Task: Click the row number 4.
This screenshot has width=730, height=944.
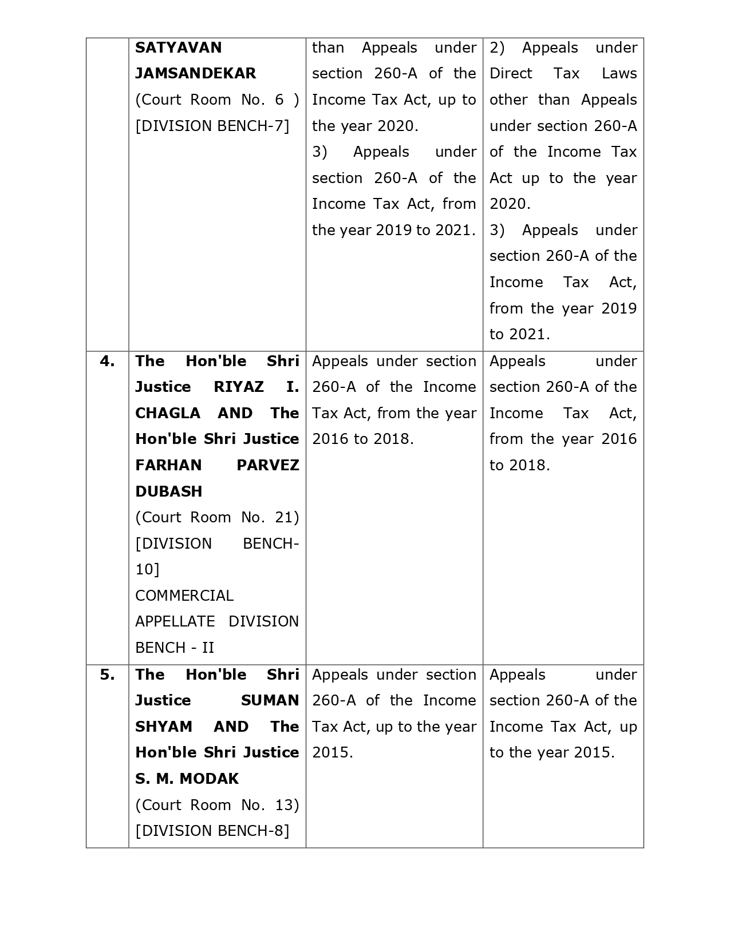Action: (107, 361)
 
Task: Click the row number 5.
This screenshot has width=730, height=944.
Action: (107, 675)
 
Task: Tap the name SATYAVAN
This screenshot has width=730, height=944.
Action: (178, 47)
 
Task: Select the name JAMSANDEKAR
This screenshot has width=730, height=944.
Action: (195, 74)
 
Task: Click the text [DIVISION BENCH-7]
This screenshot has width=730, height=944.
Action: (212, 126)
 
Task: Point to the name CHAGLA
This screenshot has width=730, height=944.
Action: (168, 413)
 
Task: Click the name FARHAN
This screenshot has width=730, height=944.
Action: (168, 465)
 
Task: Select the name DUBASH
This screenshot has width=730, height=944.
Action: (168, 491)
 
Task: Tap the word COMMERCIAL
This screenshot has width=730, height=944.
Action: (184, 596)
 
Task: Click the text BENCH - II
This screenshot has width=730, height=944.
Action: (174, 648)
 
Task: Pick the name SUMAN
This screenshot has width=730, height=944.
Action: (270, 700)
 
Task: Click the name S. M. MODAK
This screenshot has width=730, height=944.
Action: (187, 779)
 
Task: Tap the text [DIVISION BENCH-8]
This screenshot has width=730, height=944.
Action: (212, 831)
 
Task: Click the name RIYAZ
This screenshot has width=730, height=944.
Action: (239, 387)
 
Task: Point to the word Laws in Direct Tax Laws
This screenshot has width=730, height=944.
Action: (619, 74)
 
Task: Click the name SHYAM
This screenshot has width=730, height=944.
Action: (163, 727)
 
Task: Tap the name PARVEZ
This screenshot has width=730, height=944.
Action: (267, 465)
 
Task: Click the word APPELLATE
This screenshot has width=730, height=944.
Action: (175, 621)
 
